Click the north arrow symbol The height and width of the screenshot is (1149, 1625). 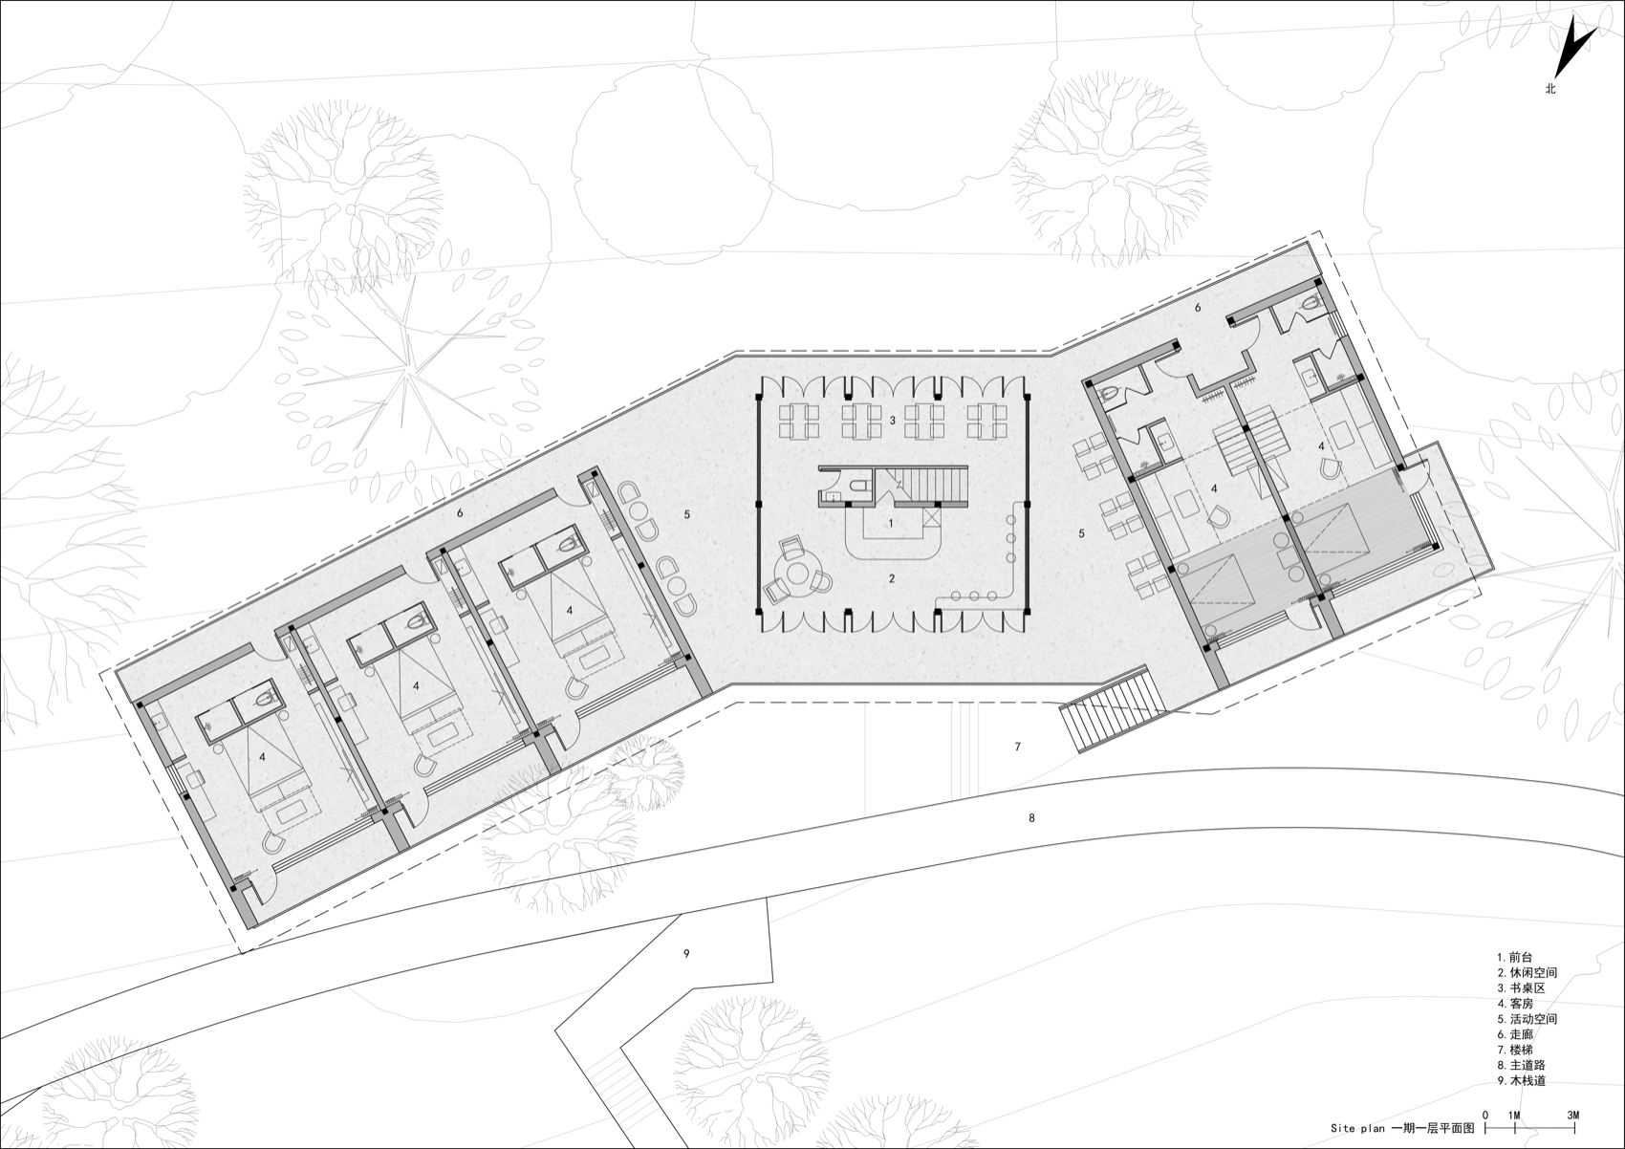tap(1575, 52)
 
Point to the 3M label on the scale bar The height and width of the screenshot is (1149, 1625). tap(1573, 1115)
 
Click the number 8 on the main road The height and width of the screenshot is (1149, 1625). tap(1031, 817)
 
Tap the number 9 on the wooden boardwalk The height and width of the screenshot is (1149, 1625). tap(686, 953)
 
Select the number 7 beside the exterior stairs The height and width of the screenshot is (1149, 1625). tap(1018, 746)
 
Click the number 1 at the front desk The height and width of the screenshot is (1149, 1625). tap(891, 523)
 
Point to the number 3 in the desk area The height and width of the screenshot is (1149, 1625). tap(892, 421)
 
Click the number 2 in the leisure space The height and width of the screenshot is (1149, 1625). tap(891, 578)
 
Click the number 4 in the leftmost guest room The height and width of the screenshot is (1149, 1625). tap(261, 756)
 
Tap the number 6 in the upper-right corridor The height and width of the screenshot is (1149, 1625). tap(1198, 308)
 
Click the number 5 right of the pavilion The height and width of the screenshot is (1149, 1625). tap(1081, 533)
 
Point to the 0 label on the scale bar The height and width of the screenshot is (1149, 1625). tap(1485, 1115)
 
